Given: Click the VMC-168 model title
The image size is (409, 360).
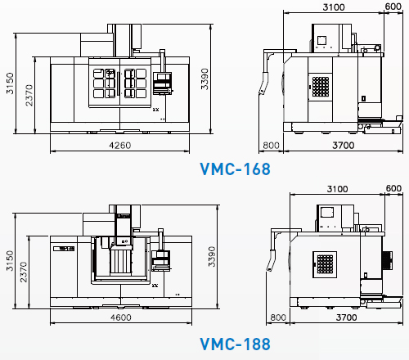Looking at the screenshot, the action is click(236, 169).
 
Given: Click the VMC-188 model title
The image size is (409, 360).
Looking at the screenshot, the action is click(236, 344).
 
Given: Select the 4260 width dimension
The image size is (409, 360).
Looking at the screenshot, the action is click(120, 146).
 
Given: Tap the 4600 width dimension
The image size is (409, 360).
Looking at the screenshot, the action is click(121, 317).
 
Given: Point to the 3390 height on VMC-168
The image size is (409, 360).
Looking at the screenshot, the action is click(204, 79).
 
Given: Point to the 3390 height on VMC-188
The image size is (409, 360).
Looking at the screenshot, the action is click(212, 257).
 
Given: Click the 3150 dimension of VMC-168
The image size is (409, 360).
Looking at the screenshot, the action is click(10, 83).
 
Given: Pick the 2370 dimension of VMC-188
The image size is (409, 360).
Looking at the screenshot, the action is click(24, 272).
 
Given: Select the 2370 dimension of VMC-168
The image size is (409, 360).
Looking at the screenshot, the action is click(29, 95).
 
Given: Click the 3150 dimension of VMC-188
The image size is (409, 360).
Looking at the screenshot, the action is click(10, 261).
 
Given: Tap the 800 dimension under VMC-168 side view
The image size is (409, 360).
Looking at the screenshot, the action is click(271, 146).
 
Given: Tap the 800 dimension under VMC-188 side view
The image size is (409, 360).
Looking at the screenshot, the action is click(278, 317).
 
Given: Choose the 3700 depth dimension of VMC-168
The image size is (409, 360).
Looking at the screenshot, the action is click(344, 146).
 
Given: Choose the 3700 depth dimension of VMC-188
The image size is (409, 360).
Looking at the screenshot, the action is click(346, 317).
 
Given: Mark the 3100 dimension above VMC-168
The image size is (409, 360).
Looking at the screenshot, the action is click(334, 7).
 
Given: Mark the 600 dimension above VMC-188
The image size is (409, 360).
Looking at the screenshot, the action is click(393, 188).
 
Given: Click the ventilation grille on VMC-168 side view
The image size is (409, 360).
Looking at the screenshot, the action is click(321, 87).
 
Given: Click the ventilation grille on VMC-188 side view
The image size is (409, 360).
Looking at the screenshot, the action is click(325, 264).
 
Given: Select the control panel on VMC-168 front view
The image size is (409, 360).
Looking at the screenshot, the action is click(162, 83).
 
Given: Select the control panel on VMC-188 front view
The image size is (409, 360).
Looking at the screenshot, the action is click(161, 260).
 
